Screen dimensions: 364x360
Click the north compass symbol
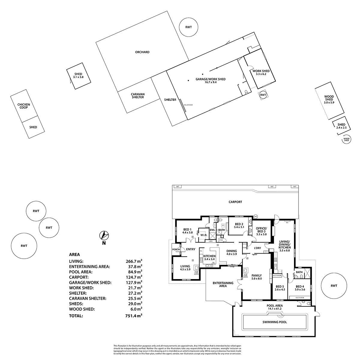[x=105, y=235]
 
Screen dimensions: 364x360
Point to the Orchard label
[x=142, y=52]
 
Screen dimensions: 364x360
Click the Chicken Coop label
[x=24, y=106]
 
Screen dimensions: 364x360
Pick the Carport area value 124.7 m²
[x=134, y=277]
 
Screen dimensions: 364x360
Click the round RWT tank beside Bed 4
[x=334, y=286]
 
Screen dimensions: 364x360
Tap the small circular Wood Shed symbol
[x=346, y=140]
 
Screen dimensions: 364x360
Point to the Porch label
[x=176, y=249]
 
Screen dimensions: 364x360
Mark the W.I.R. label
[x=204, y=235]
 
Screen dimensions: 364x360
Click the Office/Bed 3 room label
[x=261, y=230]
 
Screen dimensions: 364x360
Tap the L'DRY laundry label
[x=257, y=248]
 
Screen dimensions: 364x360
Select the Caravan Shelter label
[x=138, y=96]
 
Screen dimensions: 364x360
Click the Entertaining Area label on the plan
[x=223, y=284]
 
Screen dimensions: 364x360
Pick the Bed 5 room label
[x=280, y=288]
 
